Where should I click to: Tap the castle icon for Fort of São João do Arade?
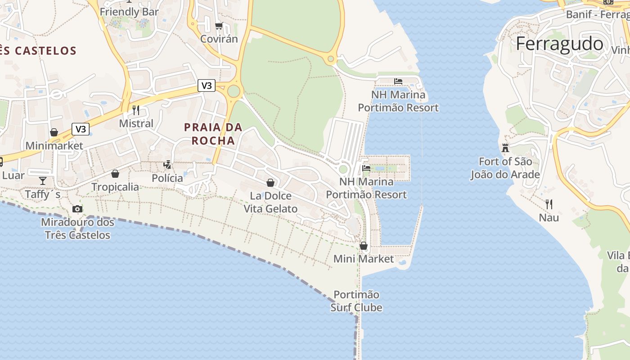(x=505, y=148)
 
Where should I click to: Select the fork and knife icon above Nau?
(x=549, y=204)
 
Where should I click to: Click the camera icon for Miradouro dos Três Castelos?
(x=77, y=209)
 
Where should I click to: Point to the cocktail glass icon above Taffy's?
(x=43, y=181)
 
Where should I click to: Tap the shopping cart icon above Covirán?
(x=219, y=26)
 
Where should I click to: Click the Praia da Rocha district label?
(x=213, y=134)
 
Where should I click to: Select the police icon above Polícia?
(x=167, y=165)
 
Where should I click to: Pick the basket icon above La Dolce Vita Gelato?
(x=270, y=182)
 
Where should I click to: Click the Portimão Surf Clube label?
(x=356, y=301)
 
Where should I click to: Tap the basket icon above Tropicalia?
(x=115, y=174)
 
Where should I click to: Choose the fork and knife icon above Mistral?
(x=136, y=110)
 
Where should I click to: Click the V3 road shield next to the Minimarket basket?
(x=81, y=130)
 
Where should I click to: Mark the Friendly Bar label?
(x=130, y=12)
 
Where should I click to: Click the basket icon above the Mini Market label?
(x=364, y=246)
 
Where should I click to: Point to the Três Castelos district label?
(x=38, y=50)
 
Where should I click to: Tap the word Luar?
(x=13, y=175)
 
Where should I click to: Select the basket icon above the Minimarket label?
(x=54, y=132)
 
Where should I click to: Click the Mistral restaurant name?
(x=136, y=123)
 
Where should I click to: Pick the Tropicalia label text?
(x=115, y=187)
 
